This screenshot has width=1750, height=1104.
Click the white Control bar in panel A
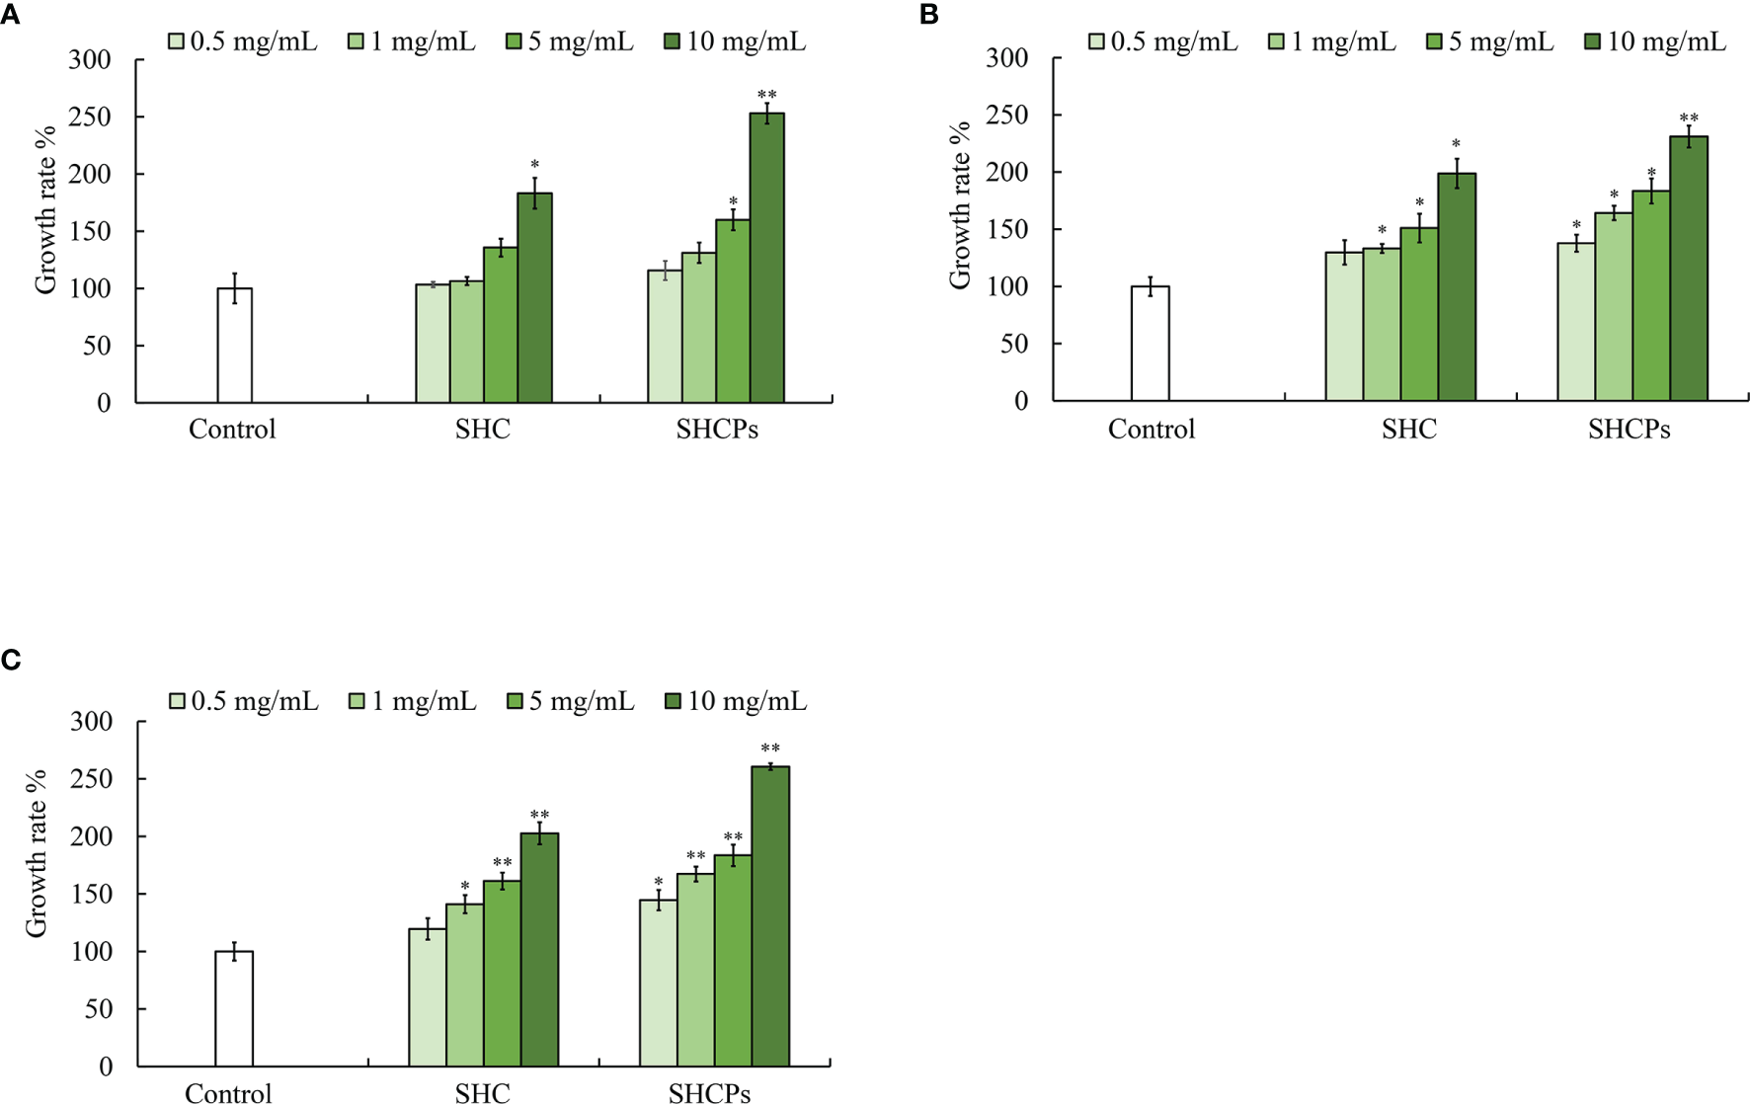(235, 346)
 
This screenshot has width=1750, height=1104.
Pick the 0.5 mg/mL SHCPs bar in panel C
(658, 984)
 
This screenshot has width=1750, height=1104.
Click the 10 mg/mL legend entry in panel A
(736, 41)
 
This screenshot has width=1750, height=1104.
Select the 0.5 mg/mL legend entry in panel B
(1163, 41)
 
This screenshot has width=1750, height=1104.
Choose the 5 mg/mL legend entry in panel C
(571, 701)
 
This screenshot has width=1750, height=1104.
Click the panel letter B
(928, 15)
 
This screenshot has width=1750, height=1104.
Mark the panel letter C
(11, 660)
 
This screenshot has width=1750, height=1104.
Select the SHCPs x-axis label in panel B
(1629, 430)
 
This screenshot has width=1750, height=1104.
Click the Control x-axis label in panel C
(228, 1092)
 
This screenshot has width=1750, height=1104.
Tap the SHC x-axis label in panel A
(483, 430)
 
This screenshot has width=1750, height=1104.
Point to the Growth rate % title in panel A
(44, 210)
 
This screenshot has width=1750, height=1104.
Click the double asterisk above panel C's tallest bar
(770, 749)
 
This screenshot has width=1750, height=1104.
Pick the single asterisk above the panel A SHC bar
(534, 165)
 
